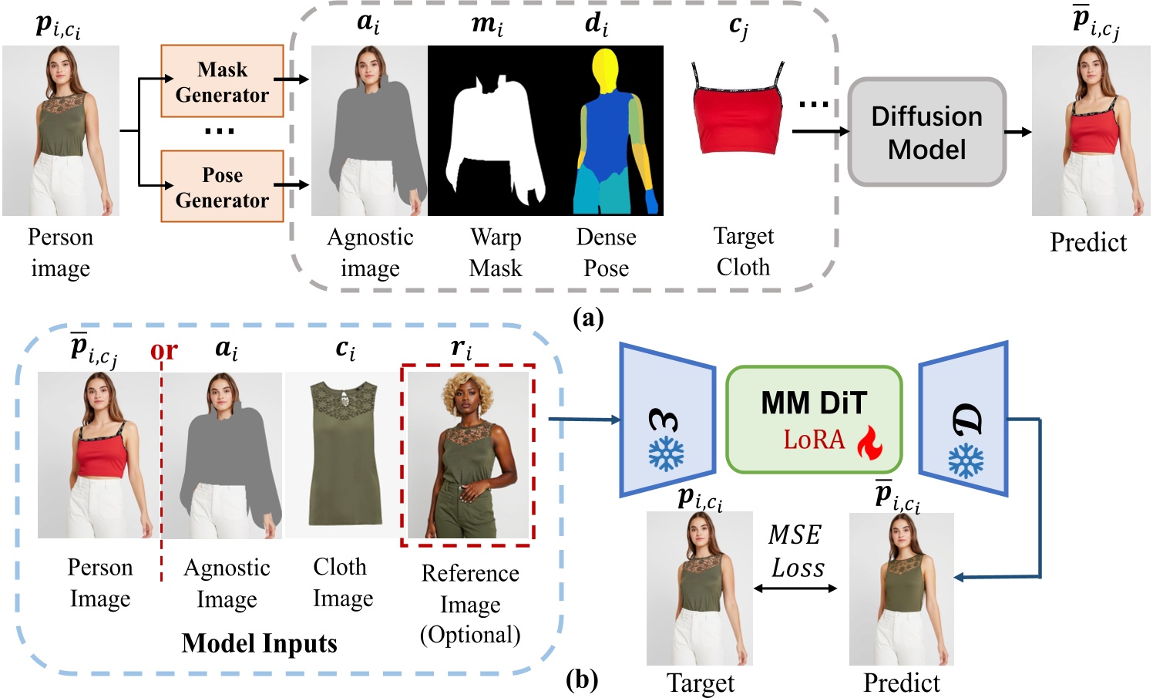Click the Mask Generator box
pos(222,82)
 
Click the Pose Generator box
pos(222,187)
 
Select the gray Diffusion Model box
pos(926,132)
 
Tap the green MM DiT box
pos(814,419)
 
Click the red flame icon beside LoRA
pos(870,442)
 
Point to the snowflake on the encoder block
pos(665,454)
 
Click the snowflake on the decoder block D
pos(965,460)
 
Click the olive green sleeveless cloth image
pos(344,455)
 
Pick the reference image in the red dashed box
pos(468,455)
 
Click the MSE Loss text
pos(796,551)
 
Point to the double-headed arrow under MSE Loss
pos(795,588)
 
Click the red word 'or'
pos(163,351)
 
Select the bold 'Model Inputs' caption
pos(259,642)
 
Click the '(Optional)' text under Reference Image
pos(470,634)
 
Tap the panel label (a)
pos(588,317)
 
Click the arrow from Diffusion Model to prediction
pos(1018,132)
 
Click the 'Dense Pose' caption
pos(606,252)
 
